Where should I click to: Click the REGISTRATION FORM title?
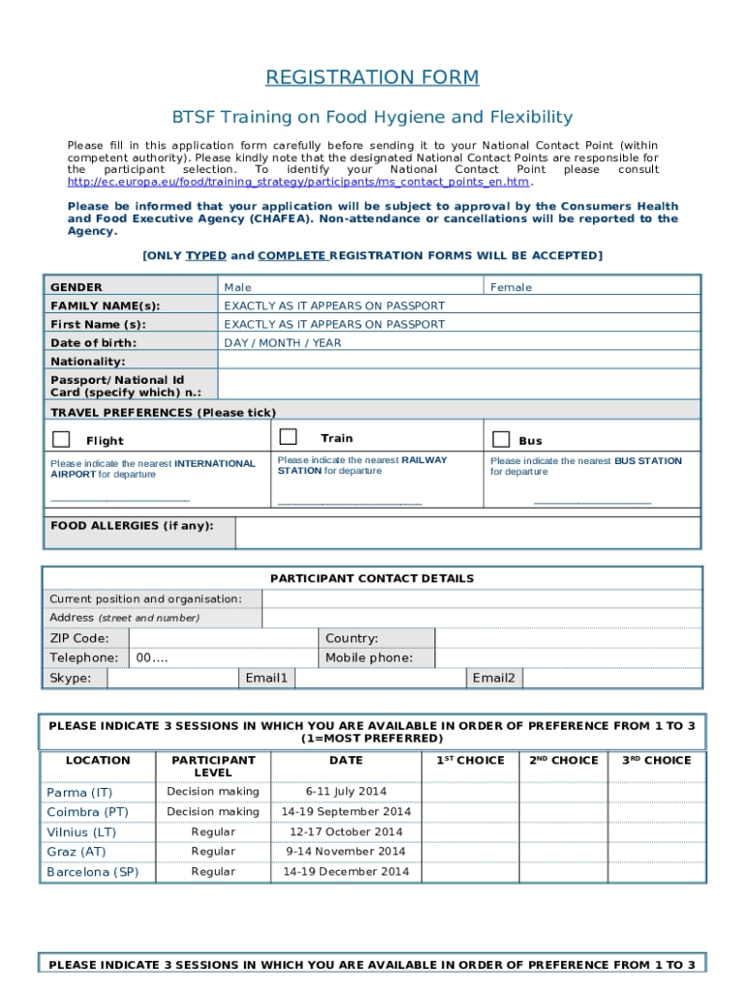coord(372,77)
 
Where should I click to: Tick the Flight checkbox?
coord(61,440)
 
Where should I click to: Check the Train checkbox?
coord(287,437)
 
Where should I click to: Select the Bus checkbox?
coord(500,440)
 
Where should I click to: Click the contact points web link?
coord(298,182)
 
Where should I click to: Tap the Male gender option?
coord(238,287)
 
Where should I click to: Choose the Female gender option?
coord(511,287)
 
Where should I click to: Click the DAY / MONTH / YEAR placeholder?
coord(283,343)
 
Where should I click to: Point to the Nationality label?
coord(88,362)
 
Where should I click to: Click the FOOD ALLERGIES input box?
coord(467,532)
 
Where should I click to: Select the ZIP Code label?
coord(79,638)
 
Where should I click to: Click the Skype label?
coord(71,678)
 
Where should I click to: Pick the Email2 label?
coord(493,678)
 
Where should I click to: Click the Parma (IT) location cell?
coord(79,792)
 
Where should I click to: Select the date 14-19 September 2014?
coord(345,812)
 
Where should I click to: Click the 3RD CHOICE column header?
coord(656,761)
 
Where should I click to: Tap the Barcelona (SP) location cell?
coord(93,872)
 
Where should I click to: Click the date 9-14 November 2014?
coord(345,852)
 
